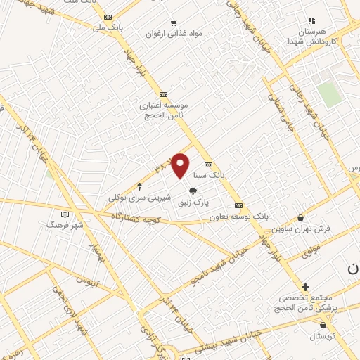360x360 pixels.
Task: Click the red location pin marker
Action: (181, 165)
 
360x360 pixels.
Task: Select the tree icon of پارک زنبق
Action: (193, 191)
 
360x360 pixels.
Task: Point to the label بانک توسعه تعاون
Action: (238, 217)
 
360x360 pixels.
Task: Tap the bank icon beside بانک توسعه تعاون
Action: (239, 206)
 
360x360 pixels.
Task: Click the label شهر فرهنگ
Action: (65, 224)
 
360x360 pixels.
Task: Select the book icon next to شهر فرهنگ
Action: (65, 214)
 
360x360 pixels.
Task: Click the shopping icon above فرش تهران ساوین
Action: (301, 218)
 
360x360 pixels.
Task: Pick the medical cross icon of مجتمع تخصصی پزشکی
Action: (305, 287)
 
